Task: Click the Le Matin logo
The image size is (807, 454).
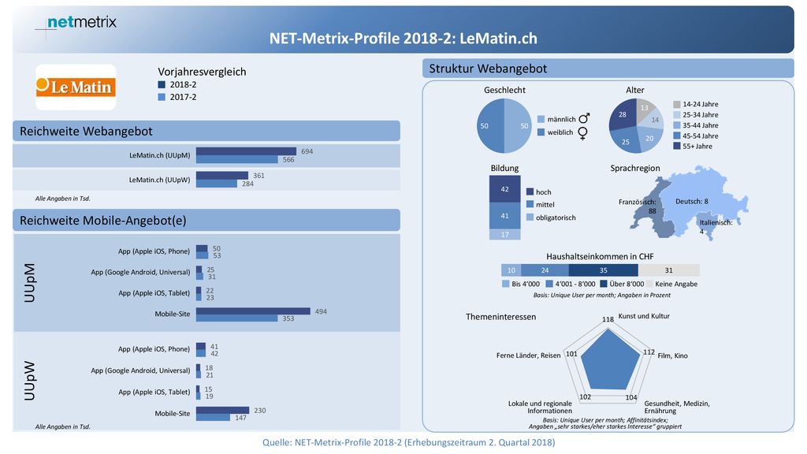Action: [x=76, y=87]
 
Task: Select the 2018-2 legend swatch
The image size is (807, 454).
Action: [x=162, y=85]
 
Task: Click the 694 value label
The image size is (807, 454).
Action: [x=307, y=151]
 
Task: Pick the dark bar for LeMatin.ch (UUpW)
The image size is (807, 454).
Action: [x=221, y=176]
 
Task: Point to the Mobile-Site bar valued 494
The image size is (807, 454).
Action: [x=253, y=311]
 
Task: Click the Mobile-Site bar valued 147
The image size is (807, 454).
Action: [x=213, y=418]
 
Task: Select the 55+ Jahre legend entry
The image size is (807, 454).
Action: [x=693, y=146]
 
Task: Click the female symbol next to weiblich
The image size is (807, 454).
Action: [x=582, y=133]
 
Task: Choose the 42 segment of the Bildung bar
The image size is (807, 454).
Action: [x=504, y=189]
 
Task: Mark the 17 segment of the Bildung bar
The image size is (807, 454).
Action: [x=504, y=234]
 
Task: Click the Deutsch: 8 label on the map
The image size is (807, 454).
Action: [x=692, y=201]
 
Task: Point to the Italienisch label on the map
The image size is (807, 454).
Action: [x=716, y=223]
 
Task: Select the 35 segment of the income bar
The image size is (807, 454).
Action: [x=603, y=270]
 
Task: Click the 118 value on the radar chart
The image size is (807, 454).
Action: [x=608, y=319]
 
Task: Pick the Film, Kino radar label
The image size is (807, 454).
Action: [x=673, y=355]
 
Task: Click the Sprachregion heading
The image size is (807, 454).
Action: [x=634, y=169]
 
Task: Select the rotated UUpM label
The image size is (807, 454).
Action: [x=30, y=283]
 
